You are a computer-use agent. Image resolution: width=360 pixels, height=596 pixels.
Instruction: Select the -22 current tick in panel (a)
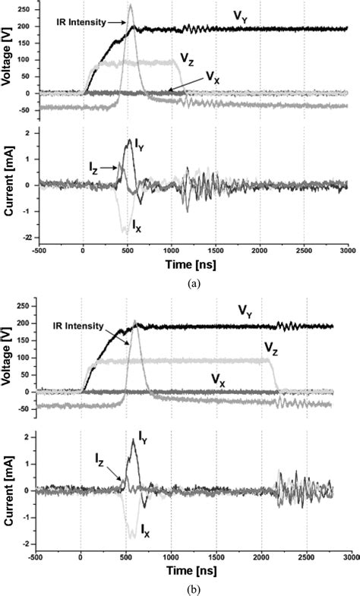[25, 238]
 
